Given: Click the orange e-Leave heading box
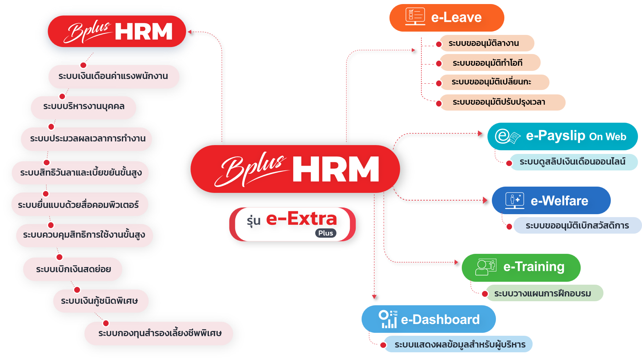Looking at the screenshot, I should [x=446, y=18].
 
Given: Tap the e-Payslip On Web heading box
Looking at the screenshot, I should [x=562, y=136].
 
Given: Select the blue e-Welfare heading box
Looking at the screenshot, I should [x=551, y=201].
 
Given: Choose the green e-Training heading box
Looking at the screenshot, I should [x=521, y=267].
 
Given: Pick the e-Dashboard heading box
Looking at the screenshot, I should [x=428, y=319].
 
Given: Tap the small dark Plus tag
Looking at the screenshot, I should [x=326, y=233].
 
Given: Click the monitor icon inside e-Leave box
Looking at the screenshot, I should [x=415, y=17].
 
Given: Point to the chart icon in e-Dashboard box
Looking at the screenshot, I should [x=388, y=319].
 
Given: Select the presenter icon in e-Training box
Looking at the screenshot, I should [x=486, y=267].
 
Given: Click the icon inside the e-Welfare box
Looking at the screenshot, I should [x=515, y=200].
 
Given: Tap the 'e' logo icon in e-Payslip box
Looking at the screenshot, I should [x=507, y=136].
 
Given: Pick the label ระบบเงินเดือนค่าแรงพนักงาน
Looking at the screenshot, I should [x=113, y=76].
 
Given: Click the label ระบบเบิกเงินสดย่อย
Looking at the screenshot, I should [x=73, y=269].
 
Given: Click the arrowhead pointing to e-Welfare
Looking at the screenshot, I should [x=485, y=200].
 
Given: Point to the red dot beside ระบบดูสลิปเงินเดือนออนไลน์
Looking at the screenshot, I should [x=509, y=163].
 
